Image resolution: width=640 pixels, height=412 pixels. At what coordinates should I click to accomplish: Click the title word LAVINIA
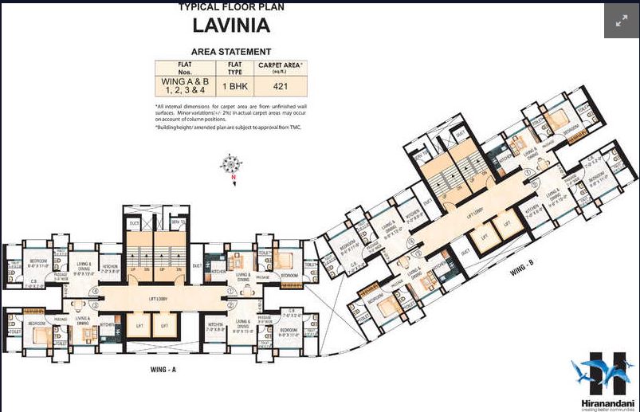[x=231, y=26]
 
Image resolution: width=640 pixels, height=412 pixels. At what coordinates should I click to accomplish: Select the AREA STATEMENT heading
[x=231, y=51]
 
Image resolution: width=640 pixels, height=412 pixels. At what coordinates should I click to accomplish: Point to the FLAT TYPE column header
[x=235, y=66]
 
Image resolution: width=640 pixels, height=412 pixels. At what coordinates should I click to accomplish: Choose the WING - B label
[x=522, y=273]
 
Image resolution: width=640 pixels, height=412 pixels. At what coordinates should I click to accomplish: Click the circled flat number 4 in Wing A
[x=94, y=292]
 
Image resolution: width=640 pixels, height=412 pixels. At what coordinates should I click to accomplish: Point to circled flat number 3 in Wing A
[x=94, y=304]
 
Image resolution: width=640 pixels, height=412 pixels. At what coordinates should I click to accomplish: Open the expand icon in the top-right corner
[x=621, y=22]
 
